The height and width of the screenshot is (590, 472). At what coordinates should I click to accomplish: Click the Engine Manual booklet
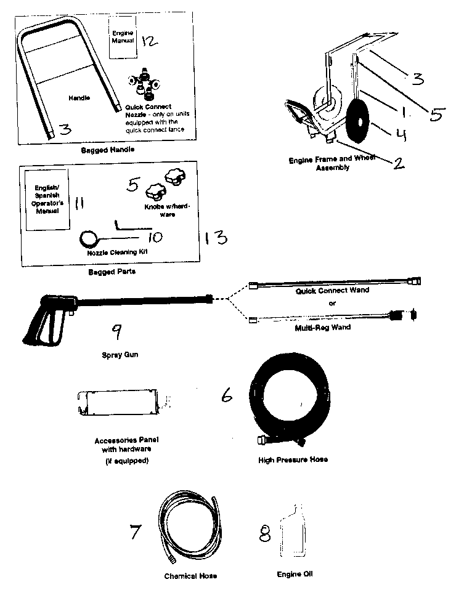point(123,37)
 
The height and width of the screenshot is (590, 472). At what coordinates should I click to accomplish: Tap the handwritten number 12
point(150,40)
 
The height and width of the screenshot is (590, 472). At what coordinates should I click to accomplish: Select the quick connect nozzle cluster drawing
point(144,84)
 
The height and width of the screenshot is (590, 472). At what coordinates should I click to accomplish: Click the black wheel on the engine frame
point(359,121)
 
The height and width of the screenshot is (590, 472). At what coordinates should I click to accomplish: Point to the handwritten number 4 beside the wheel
point(400,134)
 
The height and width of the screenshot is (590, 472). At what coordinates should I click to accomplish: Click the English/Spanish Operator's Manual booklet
point(47,200)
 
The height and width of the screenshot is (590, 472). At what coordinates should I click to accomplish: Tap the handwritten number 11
point(79,203)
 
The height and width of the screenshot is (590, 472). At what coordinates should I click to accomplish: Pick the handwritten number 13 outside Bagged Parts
point(216,238)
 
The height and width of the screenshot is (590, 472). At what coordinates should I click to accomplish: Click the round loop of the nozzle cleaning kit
point(89,238)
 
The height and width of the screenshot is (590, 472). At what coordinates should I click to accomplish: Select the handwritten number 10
point(155,237)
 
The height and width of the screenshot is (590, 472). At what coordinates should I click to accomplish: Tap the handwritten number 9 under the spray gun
point(117,331)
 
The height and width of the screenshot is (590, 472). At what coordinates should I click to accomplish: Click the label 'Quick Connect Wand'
point(332,291)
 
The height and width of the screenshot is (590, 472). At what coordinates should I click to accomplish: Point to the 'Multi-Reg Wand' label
point(322,328)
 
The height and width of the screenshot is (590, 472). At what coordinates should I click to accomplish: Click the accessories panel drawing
point(118,403)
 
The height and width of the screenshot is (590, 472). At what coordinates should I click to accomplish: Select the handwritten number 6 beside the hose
point(227,395)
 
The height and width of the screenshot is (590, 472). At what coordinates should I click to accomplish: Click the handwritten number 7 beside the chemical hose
point(136,531)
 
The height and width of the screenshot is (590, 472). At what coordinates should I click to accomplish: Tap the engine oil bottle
point(293,531)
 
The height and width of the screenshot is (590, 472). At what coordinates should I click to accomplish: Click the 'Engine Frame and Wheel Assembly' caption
point(332,163)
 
